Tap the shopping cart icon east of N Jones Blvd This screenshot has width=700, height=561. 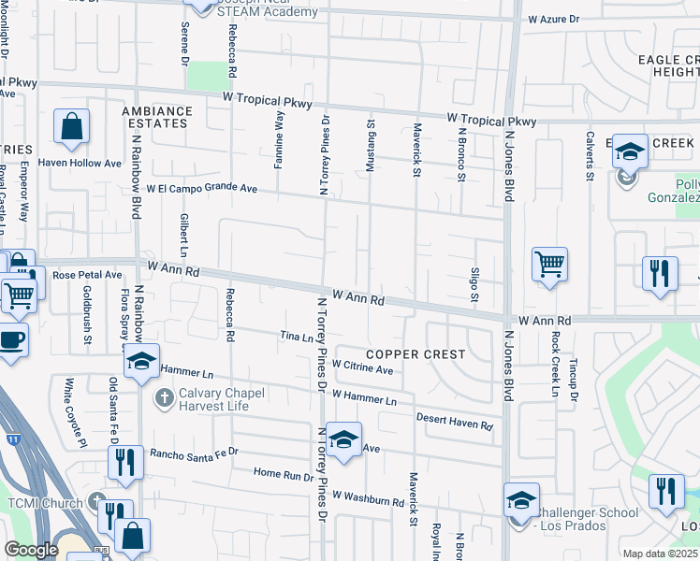549,265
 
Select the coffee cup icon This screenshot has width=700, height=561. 11,339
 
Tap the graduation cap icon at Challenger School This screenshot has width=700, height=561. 521,500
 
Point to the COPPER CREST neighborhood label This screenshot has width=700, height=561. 416,354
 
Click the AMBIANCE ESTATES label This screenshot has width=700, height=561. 157,116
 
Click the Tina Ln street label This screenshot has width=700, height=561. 296,337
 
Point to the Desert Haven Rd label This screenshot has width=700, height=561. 454,421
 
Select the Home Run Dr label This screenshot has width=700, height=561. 284,475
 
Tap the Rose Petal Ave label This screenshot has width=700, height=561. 87,275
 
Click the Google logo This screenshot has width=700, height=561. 31,550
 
